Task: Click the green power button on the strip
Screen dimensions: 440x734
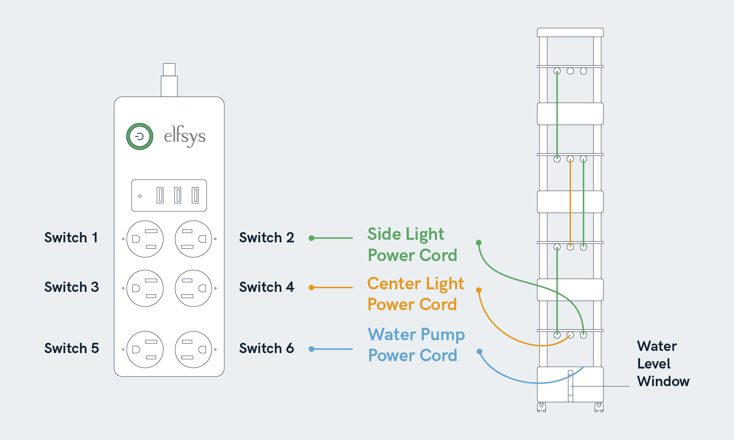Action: pos(139,136)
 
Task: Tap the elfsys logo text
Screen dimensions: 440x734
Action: pos(185,136)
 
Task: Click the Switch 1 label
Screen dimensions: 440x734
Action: pos(71,238)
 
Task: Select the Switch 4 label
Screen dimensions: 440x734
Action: pos(266,287)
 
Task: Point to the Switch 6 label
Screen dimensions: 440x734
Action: pos(266,348)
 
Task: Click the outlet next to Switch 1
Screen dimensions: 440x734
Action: pos(145,239)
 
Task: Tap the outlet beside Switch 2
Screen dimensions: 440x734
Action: pos(193,239)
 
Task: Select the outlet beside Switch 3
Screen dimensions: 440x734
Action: pos(145,288)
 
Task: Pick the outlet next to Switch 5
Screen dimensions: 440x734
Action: pos(145,349)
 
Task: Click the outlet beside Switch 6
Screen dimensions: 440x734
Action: pos(193,349)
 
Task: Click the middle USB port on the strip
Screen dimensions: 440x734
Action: pos(178,195)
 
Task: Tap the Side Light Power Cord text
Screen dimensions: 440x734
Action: pos(412,245)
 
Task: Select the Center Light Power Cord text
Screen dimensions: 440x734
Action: pos(415,294)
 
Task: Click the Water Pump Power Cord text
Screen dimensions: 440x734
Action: pos(416,345)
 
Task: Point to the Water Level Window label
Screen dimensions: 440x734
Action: pos(663,364)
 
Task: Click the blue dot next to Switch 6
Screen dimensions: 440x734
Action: pos(311,349)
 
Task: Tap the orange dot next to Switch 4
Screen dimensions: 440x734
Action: pos(311,287)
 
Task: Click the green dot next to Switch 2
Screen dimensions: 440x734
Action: pos(311,238)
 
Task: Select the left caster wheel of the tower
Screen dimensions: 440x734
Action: pos(541,407)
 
